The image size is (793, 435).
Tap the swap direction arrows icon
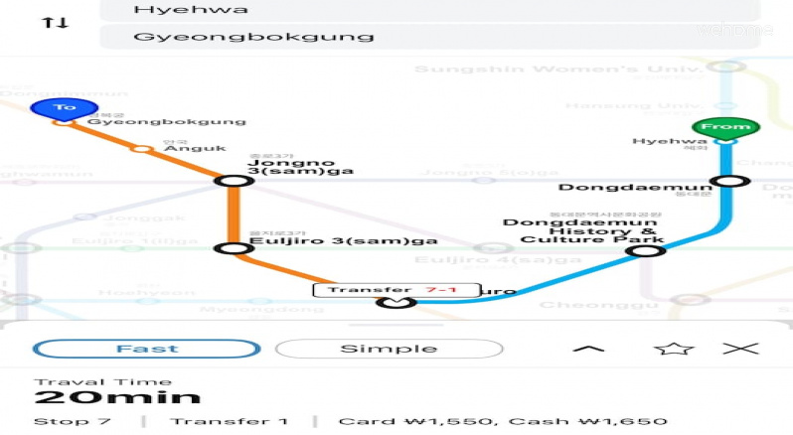coord(55,22)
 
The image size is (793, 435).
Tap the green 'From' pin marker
coord(725,127)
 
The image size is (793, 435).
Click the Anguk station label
coord(188,148)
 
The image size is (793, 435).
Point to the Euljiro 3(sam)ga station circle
coord(234,248)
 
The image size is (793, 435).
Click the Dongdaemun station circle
coord(730,181)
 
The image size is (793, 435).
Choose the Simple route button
coord(389,349)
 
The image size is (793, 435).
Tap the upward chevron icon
coord(589,349)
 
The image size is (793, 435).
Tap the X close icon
coord(740,349)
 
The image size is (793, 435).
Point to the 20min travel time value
coord(117,398)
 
